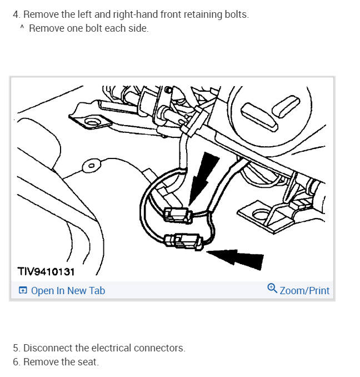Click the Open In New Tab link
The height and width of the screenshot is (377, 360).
[x=68, y=291]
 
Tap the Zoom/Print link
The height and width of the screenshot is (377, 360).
[x=304, y=291]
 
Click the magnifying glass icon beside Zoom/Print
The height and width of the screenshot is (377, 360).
[x=272, y=288]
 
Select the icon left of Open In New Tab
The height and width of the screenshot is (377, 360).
[x=23, y=290]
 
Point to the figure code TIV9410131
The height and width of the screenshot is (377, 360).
[x=46, y=272]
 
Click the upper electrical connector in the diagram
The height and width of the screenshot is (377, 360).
[x=178, y=215]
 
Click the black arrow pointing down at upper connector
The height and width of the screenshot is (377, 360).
[x=204, y=178]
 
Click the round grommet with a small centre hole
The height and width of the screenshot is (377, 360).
[x=92, y=165]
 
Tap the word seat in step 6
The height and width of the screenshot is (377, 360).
[x=88, y=362]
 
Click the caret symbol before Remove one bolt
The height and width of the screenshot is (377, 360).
[x=22, y=27]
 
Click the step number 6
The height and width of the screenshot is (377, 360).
[x=17, y=362]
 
